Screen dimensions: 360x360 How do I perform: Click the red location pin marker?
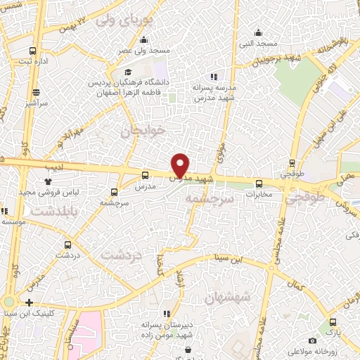click(x=181, y=165)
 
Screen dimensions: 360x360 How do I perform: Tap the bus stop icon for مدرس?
click(x=145, y=176)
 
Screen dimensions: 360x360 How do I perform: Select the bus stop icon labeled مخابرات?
click(x=259, y=184)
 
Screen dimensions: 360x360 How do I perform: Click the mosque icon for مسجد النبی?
click(x=259, y=32)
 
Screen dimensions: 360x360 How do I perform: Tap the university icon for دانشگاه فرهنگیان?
click(x=128, y=72)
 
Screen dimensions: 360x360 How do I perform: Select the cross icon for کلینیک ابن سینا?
click(x=29, y=302)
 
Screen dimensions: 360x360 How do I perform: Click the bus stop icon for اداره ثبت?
click(x=33, y=51)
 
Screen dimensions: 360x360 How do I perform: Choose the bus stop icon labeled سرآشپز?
click(x=36, y=92)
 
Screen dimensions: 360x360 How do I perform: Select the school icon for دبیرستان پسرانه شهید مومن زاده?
click(x=167, y=314)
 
